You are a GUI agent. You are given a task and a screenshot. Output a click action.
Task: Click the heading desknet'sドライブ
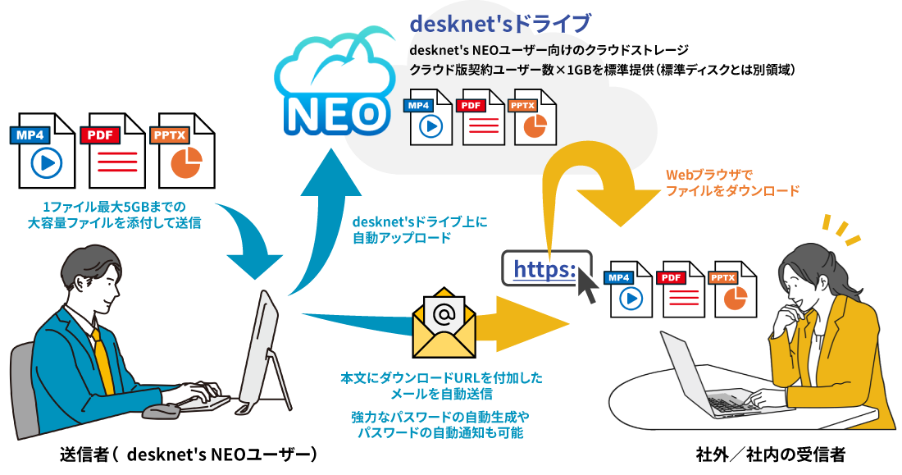pos(499,23)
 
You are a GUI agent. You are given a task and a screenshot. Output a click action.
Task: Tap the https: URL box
pos(544,268)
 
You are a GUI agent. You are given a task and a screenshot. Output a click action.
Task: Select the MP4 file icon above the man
pos(42,151)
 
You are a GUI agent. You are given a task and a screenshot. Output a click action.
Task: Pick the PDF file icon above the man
pos(112,151)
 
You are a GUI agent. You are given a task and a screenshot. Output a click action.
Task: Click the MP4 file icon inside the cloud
pos(425,117)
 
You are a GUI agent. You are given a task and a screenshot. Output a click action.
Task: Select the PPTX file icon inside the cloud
pos(531,117)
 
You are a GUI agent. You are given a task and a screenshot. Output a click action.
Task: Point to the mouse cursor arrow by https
pos(588,284)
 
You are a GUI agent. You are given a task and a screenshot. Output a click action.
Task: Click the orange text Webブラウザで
pos(708,175)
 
